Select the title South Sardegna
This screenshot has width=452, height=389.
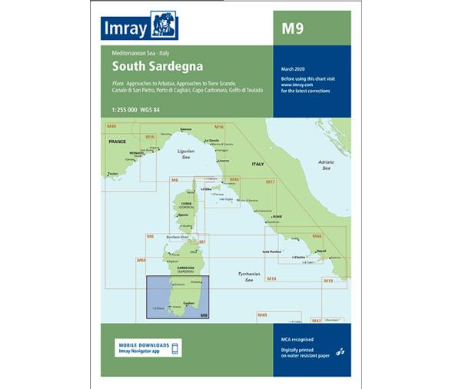point(145,67)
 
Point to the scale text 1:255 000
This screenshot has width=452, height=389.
point(119,109)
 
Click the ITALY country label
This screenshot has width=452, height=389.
point(258,165)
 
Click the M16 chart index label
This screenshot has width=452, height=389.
point(219,127)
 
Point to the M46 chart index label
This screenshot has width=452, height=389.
point(316,236)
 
